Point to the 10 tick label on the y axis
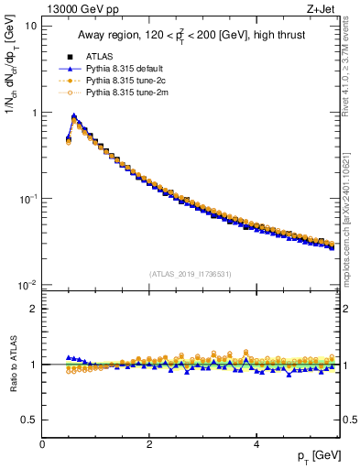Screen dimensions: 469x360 (30, 26)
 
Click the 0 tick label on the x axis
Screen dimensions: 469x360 (42, 444)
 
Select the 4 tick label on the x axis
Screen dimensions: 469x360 (256, 444)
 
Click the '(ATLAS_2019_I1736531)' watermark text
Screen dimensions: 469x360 (191, 274)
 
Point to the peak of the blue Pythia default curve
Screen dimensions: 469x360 (73, 116)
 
